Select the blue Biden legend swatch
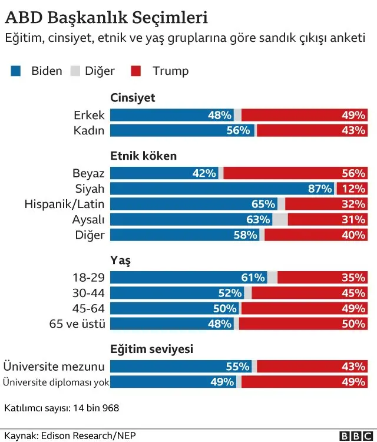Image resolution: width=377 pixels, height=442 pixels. pos(16,71)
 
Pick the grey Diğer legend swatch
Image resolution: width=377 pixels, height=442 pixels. pos(74,71)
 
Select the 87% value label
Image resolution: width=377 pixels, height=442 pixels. pos(320,189)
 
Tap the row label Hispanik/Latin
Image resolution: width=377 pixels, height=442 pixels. pos(64,204)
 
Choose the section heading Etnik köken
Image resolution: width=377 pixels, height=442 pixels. pos(144,156)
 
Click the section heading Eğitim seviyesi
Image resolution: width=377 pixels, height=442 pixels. pos(152,349)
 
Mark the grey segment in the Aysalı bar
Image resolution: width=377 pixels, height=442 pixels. pos(280,219)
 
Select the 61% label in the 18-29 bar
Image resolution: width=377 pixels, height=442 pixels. pos(254,277)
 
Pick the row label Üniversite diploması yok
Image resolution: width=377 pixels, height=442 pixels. pos(56,382)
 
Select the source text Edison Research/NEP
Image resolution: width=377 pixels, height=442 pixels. pos(83,436)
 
